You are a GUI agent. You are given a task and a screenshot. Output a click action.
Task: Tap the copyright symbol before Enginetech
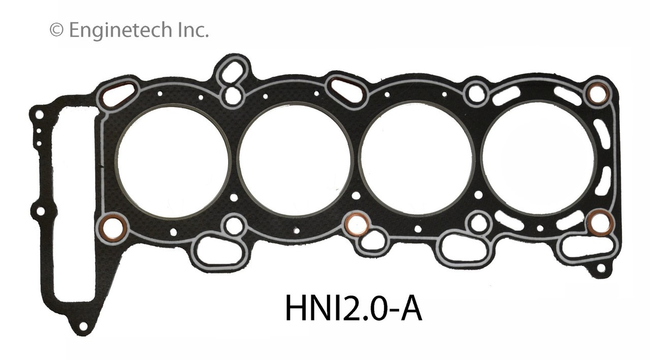[56, 30]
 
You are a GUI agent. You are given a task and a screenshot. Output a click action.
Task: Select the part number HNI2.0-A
[353, 308]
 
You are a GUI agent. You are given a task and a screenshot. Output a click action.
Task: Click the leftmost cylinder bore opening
[173, 161]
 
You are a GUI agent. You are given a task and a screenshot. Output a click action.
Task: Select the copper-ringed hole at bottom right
[600, 222]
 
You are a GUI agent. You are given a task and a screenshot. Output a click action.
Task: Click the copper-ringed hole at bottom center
[356, 224]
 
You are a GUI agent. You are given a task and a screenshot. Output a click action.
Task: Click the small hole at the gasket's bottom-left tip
[82, 325]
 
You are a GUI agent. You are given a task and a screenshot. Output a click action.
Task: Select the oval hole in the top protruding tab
[233, 72]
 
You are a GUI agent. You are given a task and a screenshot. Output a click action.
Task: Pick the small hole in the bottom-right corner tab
[600, 268]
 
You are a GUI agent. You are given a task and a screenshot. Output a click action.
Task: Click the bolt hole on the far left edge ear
[40, 210]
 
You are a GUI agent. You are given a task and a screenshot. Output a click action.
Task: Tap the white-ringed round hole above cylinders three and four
[476, 93]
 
